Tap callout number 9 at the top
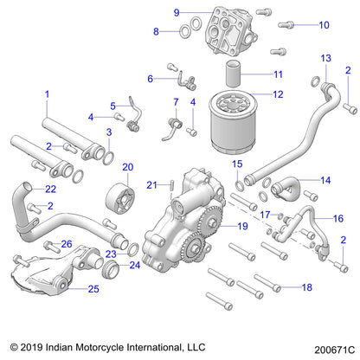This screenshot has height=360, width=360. (176, 12)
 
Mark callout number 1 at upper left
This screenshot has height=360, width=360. (47, 93)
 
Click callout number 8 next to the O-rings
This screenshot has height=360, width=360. (157, 31)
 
